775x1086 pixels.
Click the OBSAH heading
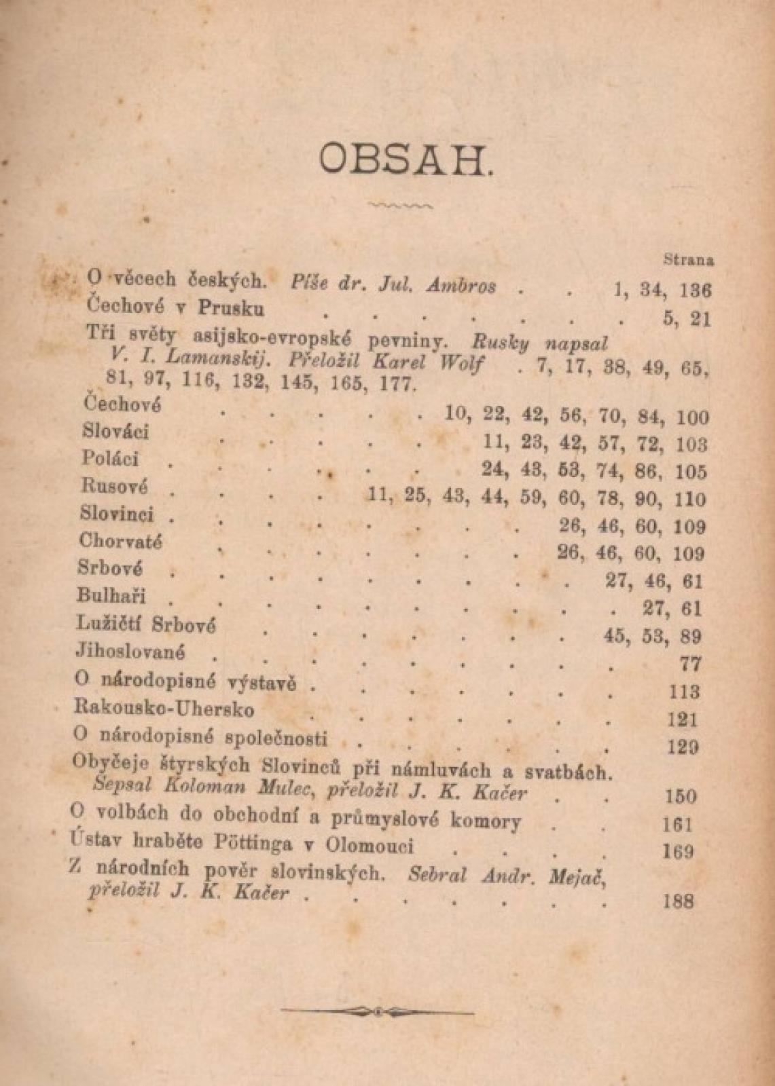tap(405, 160)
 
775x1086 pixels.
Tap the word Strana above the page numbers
tap(688, 259)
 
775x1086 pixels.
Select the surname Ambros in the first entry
tap(461, 286)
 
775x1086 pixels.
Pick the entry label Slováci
tap(115, 432)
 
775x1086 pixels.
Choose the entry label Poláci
tap(109, 459)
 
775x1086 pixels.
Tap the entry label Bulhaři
tap(111, 596)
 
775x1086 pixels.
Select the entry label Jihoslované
tap(130, 651)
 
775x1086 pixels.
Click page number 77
tap(690, 664)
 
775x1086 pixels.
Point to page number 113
tap(683, 692)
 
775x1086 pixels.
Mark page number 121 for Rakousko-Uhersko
tap(682, 719)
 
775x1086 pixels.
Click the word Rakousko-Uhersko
tap(164, 709)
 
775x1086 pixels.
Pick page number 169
tap(679, 851)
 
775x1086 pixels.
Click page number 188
tap(677, 901)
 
